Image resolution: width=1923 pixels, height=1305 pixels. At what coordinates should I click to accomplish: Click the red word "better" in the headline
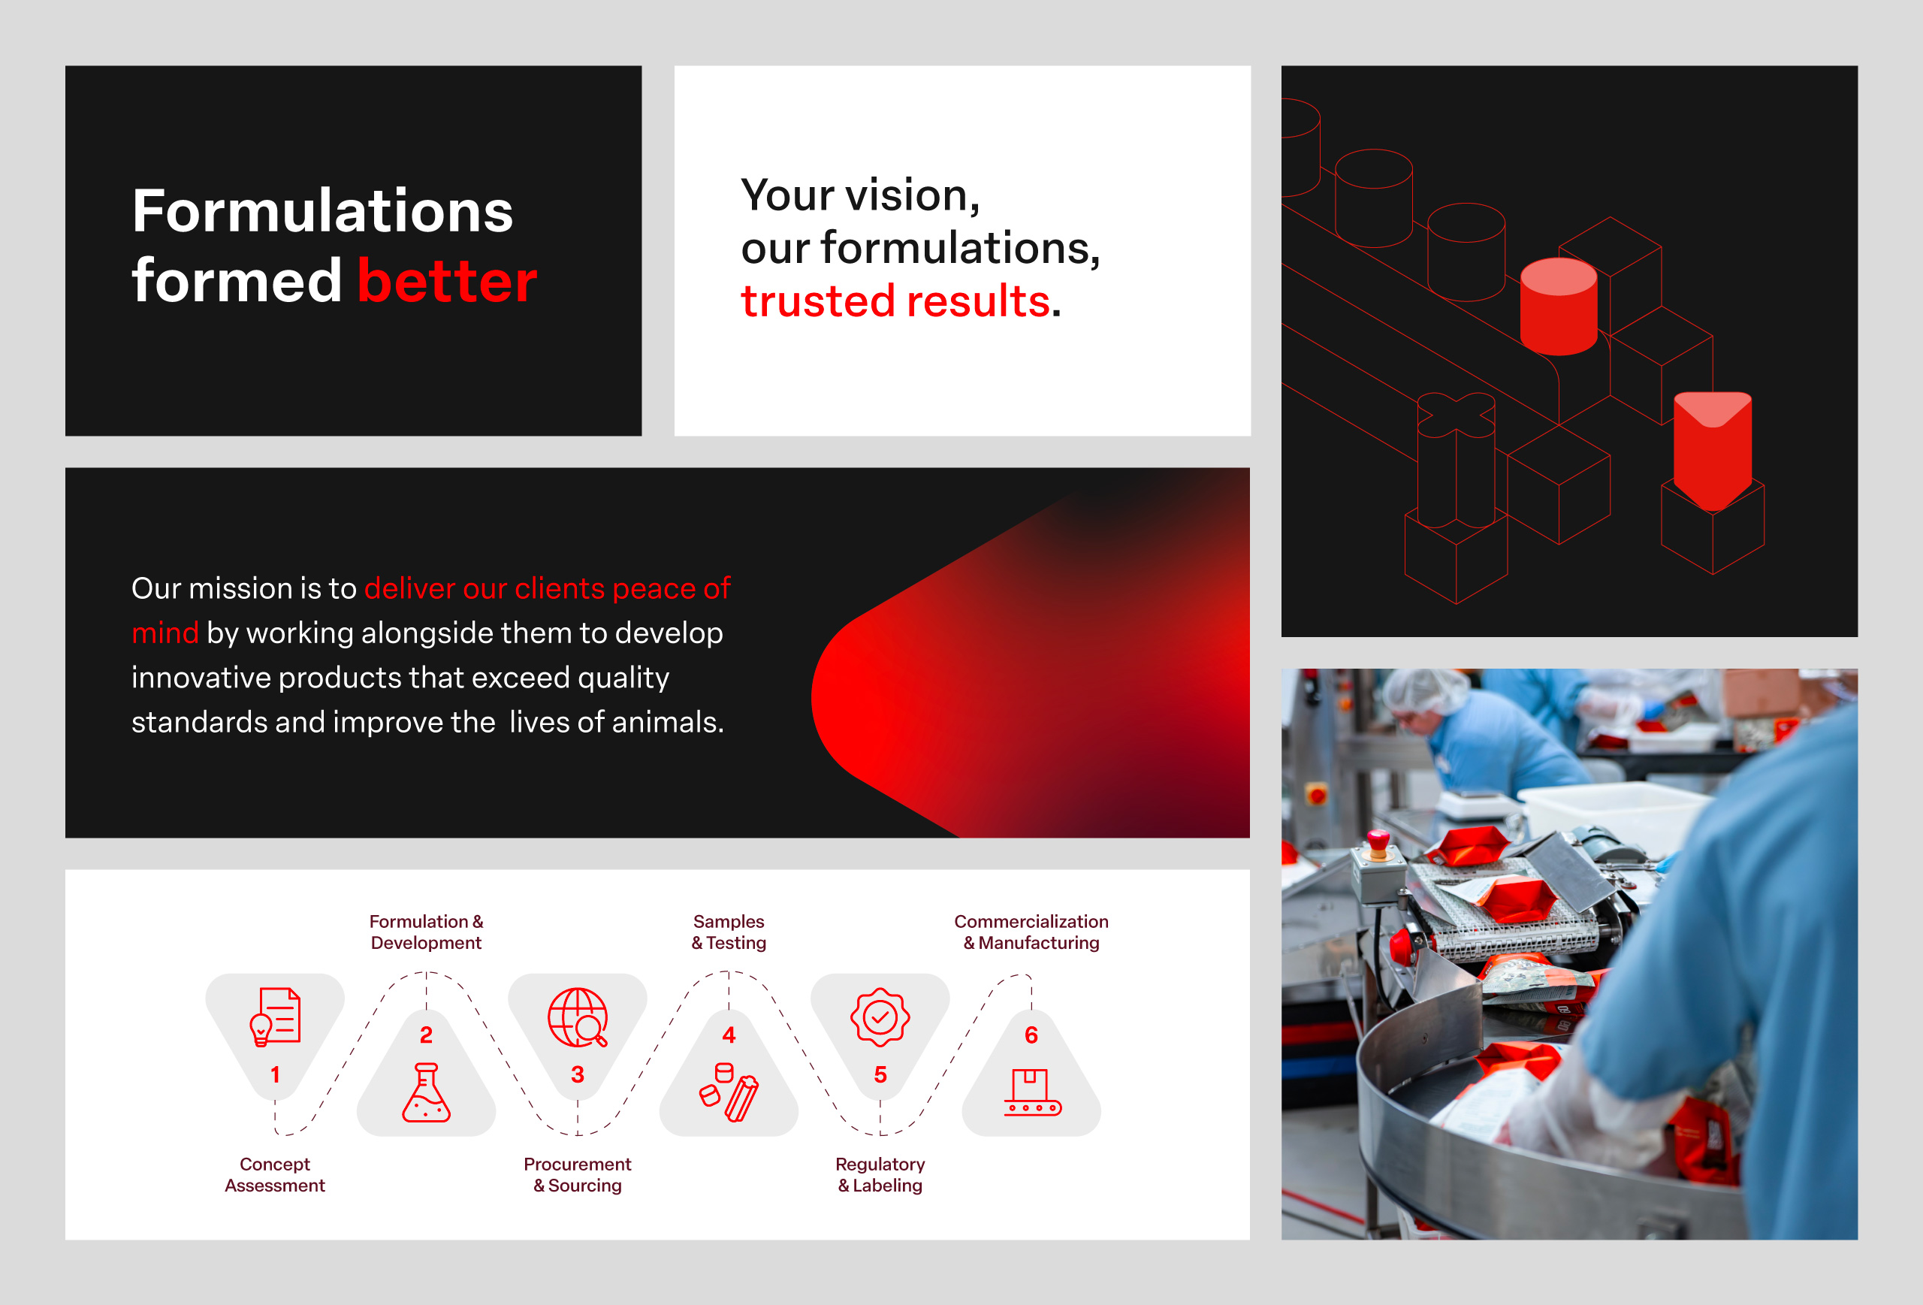click(x=448, y=280)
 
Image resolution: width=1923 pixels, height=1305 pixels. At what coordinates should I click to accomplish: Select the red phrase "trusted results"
click(x=895, y=301)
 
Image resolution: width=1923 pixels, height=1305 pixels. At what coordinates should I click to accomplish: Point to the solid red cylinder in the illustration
click(x=1559, y=307)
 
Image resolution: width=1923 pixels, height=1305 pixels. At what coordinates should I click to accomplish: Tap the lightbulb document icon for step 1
click(x=275, y=1017)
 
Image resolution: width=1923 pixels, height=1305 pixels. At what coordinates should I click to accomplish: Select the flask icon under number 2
click(x=426, y=1092)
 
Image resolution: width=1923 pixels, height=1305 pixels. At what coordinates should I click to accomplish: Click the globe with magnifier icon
click(x=578, y=1017)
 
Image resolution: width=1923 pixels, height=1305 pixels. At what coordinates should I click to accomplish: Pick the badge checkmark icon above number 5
click(x=880, y=1017)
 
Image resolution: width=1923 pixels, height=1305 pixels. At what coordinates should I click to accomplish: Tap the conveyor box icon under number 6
click(x=1032, y=1092)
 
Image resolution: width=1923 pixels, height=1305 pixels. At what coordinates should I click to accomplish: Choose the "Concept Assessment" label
click(x=275, y=1174)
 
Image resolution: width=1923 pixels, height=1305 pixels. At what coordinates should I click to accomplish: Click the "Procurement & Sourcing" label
click(x=578, y=1174)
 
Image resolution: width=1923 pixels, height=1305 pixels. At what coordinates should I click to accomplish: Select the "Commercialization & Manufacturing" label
click(x=1031, y=932)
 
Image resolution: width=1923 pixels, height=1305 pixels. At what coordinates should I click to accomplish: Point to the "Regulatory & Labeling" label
click(x=880, y=1174)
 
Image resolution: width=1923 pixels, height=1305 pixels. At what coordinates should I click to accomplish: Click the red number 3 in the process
click(x=578, y=1074)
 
